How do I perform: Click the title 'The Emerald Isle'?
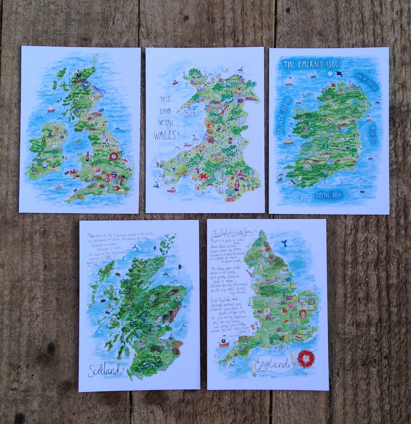(310, 64)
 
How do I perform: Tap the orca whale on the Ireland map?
(339, 74)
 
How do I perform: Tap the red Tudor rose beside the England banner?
(306, 358)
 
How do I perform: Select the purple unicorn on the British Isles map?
(97, 91)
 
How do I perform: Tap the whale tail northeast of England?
(284, 244)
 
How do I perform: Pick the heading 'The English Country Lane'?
(234, 231)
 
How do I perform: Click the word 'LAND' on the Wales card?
(165, 111)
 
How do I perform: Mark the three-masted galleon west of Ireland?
(288, 140)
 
